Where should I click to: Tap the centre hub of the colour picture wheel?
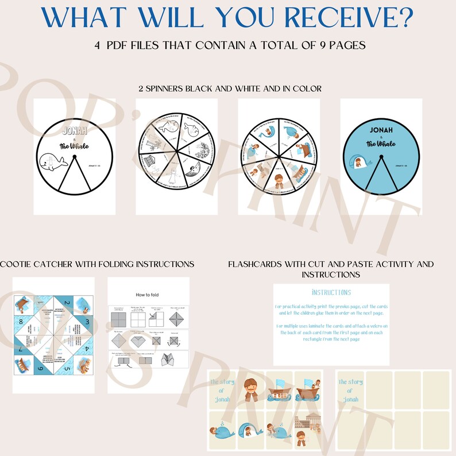[x=279, y=156]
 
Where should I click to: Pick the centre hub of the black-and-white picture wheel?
[x=176, y=156]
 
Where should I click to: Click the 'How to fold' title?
[x=148, y=294]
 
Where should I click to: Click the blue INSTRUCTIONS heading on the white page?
[x=330, y=293]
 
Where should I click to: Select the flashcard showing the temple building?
[x=306, y=428]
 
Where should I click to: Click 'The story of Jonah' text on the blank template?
[x=350, y=391]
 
